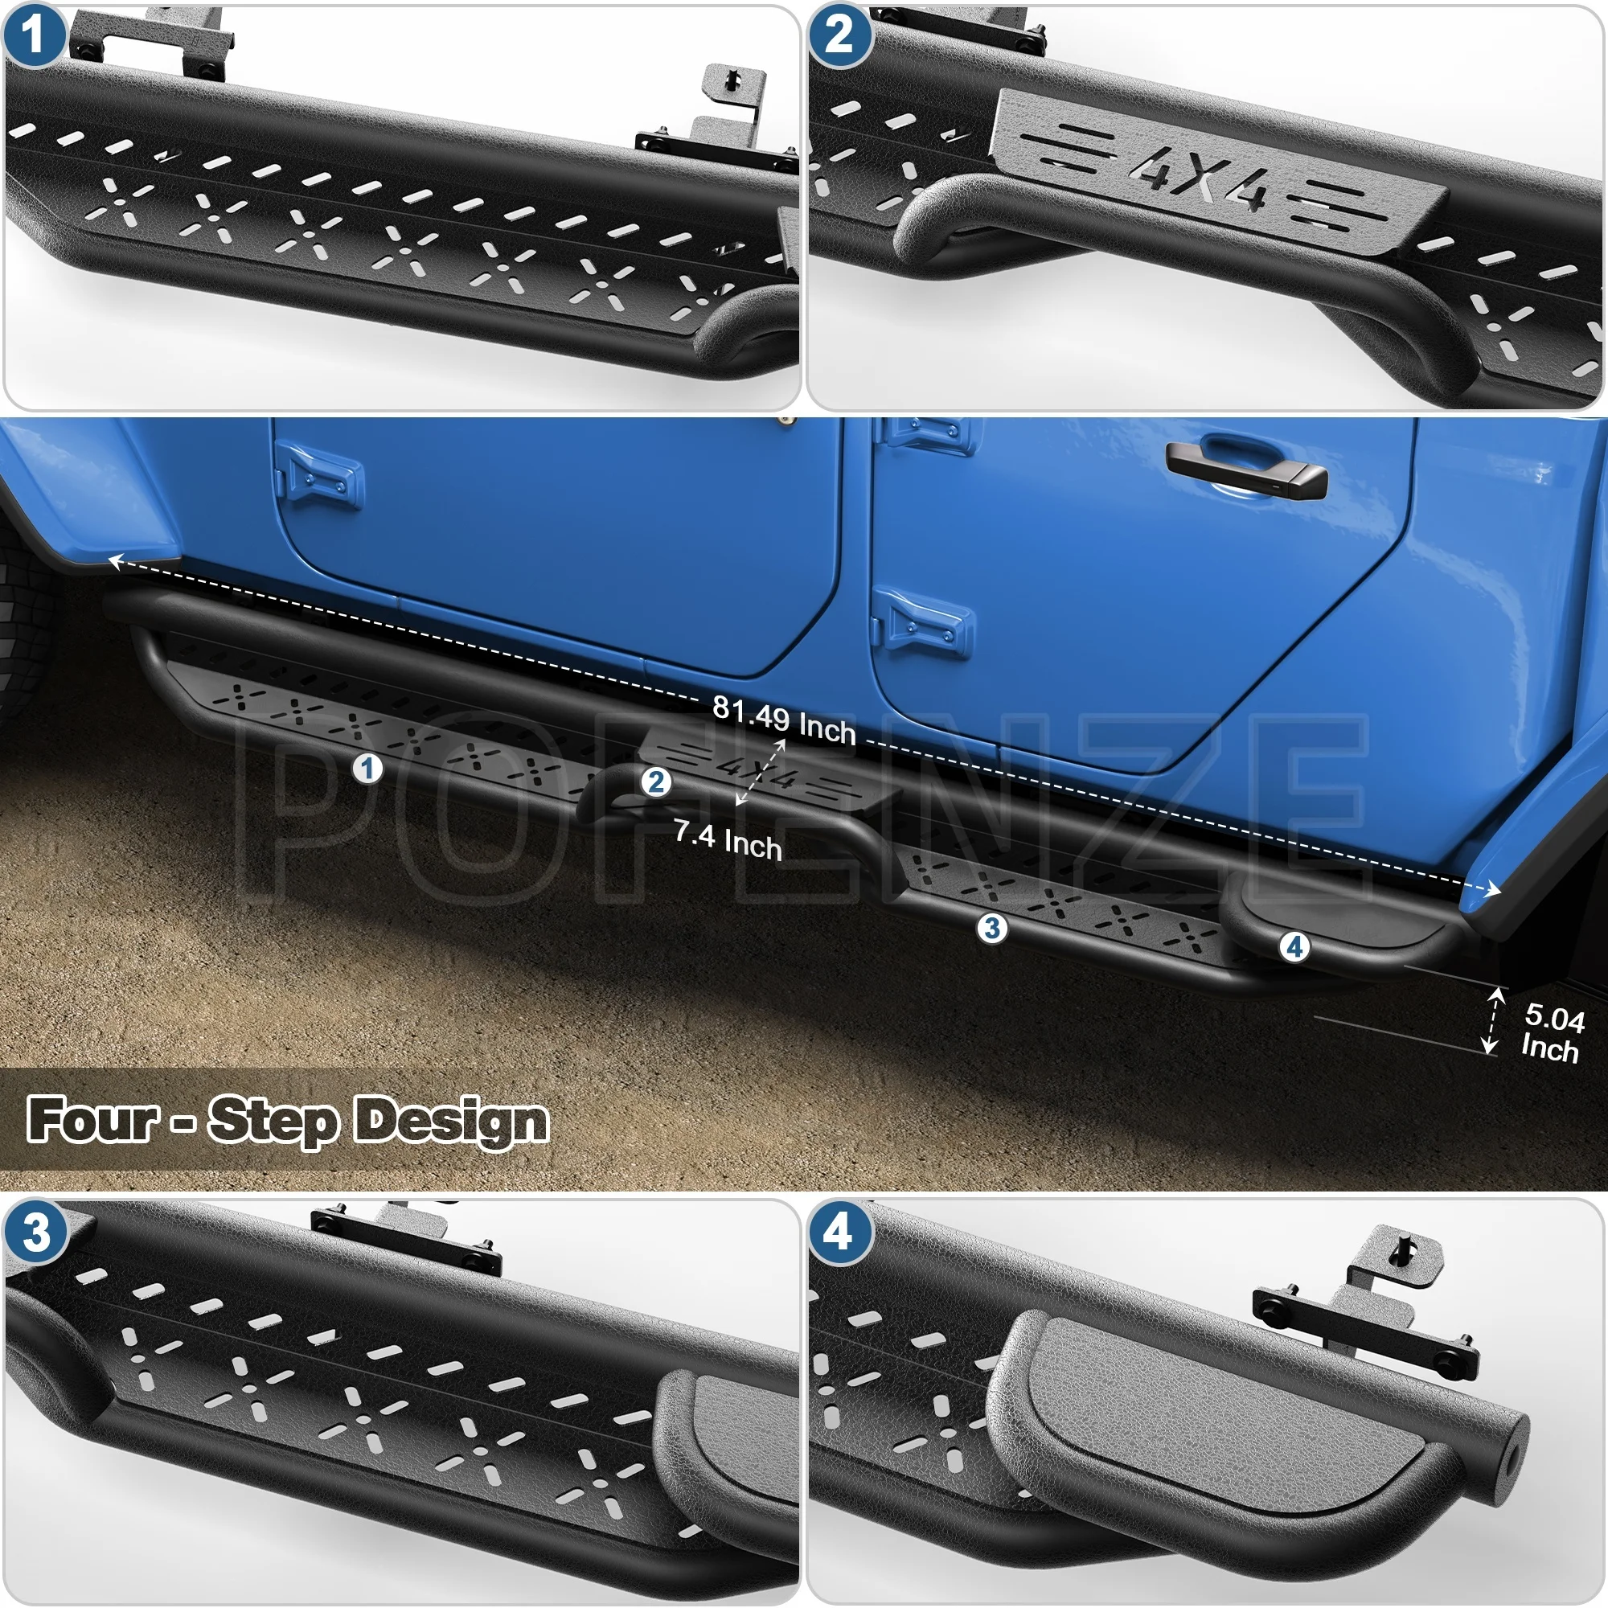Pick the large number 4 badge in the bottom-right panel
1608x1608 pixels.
[839, 1233]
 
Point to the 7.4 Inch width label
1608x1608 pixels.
[727, 840]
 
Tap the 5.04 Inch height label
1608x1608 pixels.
[1553, 1033]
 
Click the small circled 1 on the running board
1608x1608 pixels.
[367, 768]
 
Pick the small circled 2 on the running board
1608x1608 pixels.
[656, 781]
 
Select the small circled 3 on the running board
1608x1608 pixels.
[991, 927]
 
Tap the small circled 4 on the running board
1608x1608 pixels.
[1294, 946]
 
